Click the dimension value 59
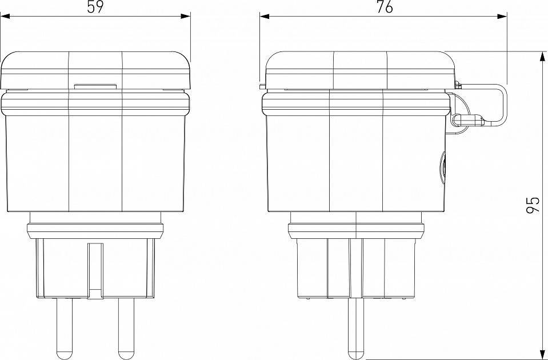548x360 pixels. click(95, 7)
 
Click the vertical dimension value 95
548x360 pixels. click(532, 205)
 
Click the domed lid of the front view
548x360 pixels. click(95, 69)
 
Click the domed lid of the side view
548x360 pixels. click(357, 69)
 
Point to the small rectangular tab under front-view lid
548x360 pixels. click(95, 87)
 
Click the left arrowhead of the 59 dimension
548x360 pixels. click(5, 17)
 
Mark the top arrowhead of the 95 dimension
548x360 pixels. click(542, 55)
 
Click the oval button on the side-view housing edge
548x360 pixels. click(444, 166)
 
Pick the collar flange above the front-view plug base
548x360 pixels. click(95, 231)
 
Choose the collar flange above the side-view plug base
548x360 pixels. click(357, 230)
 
